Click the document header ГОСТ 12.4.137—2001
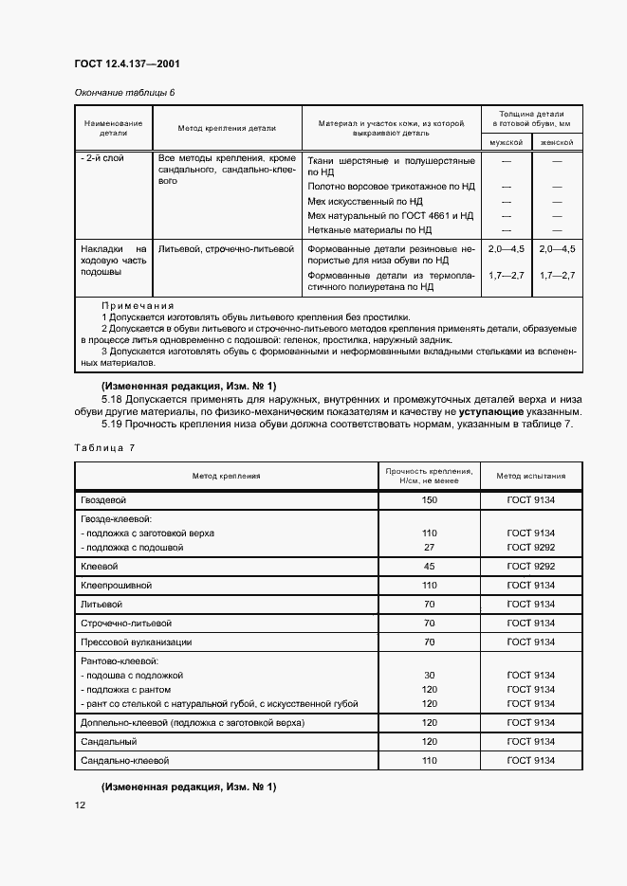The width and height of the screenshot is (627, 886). click(x=126, y=64)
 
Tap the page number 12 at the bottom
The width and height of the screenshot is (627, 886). click(x=81, y=805)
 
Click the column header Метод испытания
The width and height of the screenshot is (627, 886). click(x=530, y=476)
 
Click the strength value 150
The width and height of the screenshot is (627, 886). click(x=429, y=499)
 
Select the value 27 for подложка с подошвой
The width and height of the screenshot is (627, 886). click(x=429, y=547)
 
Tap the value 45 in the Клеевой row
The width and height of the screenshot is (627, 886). click(x=429, y=566)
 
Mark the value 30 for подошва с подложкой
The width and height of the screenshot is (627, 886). click(x=429, y=675)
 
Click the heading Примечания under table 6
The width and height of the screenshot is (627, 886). click(x=137, y=306)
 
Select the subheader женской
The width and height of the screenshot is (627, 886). click(x=557, y=142)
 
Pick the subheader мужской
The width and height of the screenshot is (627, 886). click(x=506, y=142)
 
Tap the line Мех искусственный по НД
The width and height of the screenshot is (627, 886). click(x=365, y=202)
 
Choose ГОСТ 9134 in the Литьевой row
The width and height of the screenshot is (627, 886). click(x=530, y=604)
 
